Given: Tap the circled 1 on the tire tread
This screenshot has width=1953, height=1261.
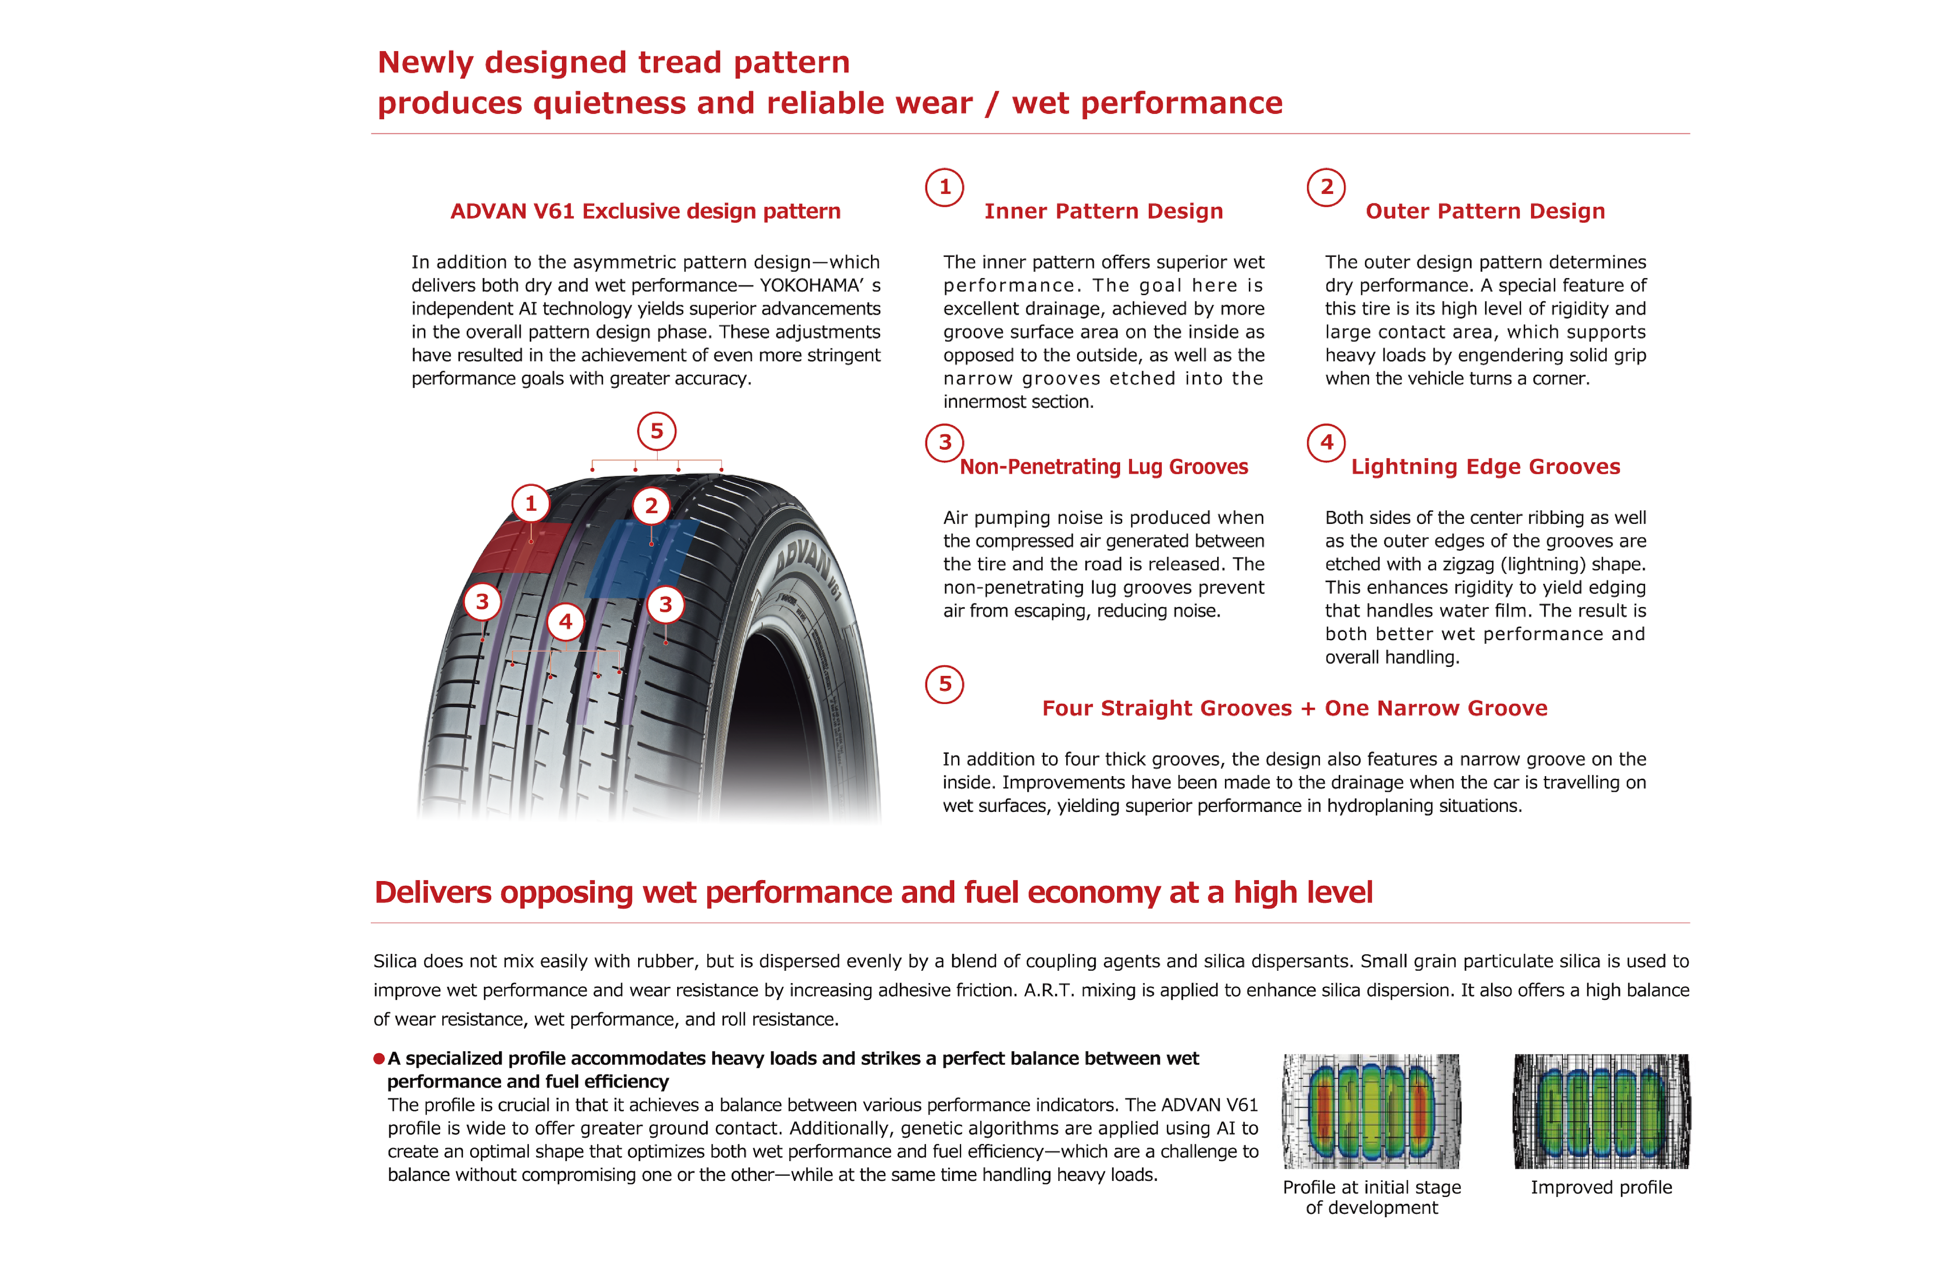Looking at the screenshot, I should pos(531,504).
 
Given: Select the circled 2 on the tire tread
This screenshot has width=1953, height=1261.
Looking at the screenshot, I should pos(651,506).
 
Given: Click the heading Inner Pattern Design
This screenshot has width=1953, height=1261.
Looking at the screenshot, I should pos(1103,211).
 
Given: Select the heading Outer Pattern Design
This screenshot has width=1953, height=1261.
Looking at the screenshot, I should pos(1485,211).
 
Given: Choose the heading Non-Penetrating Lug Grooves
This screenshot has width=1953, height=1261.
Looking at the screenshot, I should pos(1103,467).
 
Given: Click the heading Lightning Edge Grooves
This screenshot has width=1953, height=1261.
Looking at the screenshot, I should pos(1485,467).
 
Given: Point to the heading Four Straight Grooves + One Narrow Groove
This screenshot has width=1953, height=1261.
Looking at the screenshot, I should pos(1294,708).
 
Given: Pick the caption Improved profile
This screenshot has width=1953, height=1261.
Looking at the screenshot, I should pos(1601,1187).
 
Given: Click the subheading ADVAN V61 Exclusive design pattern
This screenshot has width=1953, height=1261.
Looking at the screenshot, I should pos(645,211).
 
